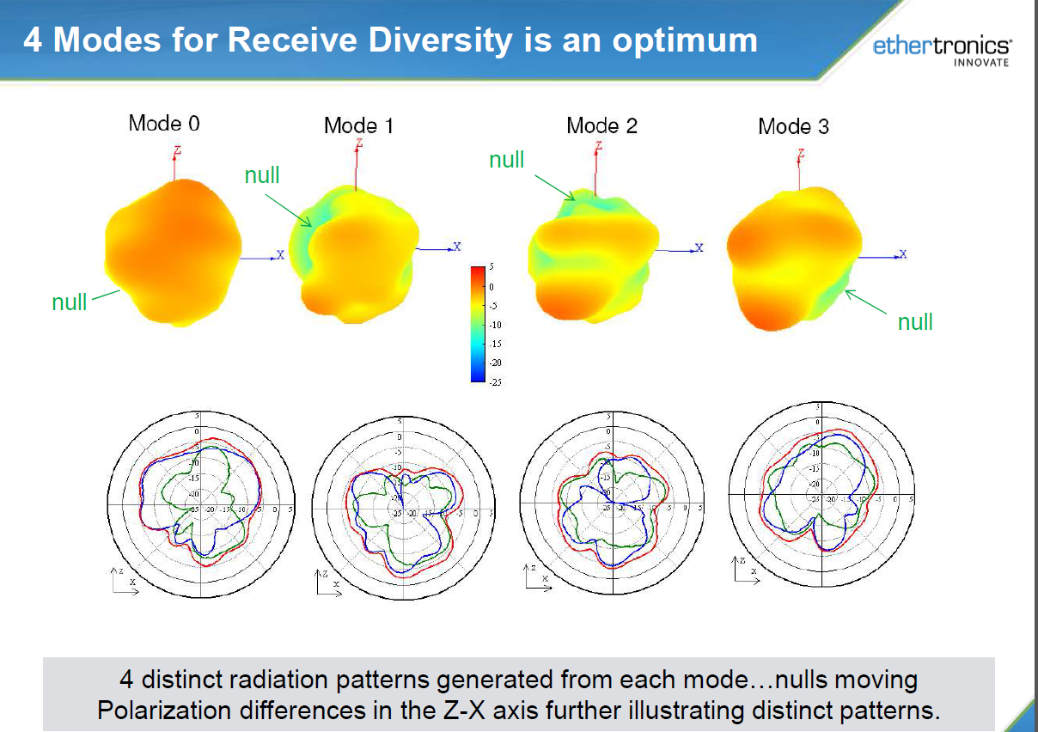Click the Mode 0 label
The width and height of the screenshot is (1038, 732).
(x=164, y=123)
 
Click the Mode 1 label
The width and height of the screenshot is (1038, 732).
(x=358, y=125)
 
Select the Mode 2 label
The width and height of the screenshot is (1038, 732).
(x=601, y=125)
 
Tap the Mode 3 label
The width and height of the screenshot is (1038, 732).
(x=793, y=127)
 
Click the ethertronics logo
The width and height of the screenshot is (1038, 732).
(x=942, y=46)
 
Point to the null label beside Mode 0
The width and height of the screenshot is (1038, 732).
(x=69, y=302)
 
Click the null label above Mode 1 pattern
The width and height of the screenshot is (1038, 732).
(x=262, y=175)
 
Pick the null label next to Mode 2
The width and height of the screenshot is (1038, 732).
(x=506, y=160)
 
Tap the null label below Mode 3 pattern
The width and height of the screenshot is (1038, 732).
(x=915, y=322)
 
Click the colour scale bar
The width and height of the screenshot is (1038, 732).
(x=479, y=323)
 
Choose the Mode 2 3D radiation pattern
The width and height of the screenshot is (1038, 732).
(x=594, y=253)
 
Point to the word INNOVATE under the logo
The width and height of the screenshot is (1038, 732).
(x=981, y=63)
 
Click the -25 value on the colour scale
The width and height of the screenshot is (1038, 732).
(x=496, y=382)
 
